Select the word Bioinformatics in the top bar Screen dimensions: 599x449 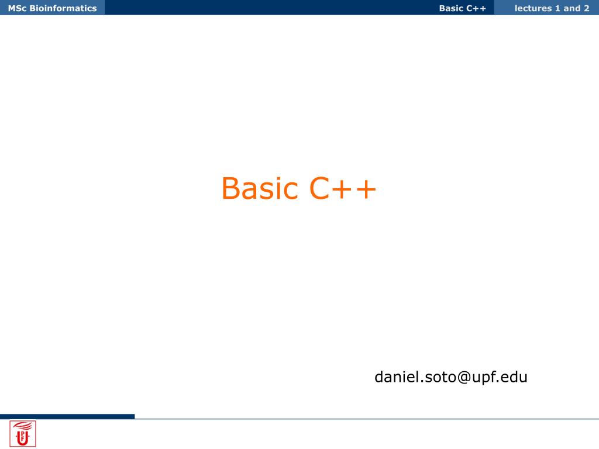pos(63,8)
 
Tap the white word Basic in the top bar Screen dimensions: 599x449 pos(451,8)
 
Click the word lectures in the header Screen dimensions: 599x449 pos(533,8)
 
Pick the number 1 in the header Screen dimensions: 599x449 pos(557,8)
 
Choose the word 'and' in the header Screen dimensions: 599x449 pos(572,8)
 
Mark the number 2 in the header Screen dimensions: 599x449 pos(586,8)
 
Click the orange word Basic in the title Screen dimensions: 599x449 pos(260,188)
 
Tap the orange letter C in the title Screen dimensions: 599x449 pos(319,188)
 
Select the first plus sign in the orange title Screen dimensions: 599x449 pos(341,189)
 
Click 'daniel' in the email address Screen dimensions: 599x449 pos(397,377)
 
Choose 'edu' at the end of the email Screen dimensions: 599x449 pos(514,377)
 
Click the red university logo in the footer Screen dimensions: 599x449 pos(23,434)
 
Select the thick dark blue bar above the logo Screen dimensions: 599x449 pos(67,416)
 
